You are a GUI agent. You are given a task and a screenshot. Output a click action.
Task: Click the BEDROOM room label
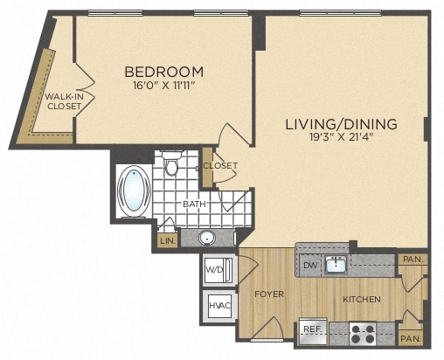(x=163, y=72)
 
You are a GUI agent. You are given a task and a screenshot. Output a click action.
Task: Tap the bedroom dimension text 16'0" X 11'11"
(x=163, y=87)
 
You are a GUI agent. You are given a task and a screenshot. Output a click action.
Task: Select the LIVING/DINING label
(x=341, y=124)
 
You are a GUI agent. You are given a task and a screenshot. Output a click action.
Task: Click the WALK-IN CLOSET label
(x=63, y=101)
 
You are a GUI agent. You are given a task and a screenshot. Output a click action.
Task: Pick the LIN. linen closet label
(x=167, y=240)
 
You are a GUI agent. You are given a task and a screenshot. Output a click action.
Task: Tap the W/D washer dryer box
(x=215, y=270)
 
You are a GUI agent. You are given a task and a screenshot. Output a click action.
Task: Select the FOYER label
(x=270, y=294)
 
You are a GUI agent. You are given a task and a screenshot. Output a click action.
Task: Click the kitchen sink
(x=335, y=264)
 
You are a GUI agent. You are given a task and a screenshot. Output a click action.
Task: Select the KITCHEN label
(x=361, y=300)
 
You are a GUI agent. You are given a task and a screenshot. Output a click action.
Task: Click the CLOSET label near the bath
(x=219, y=165)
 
